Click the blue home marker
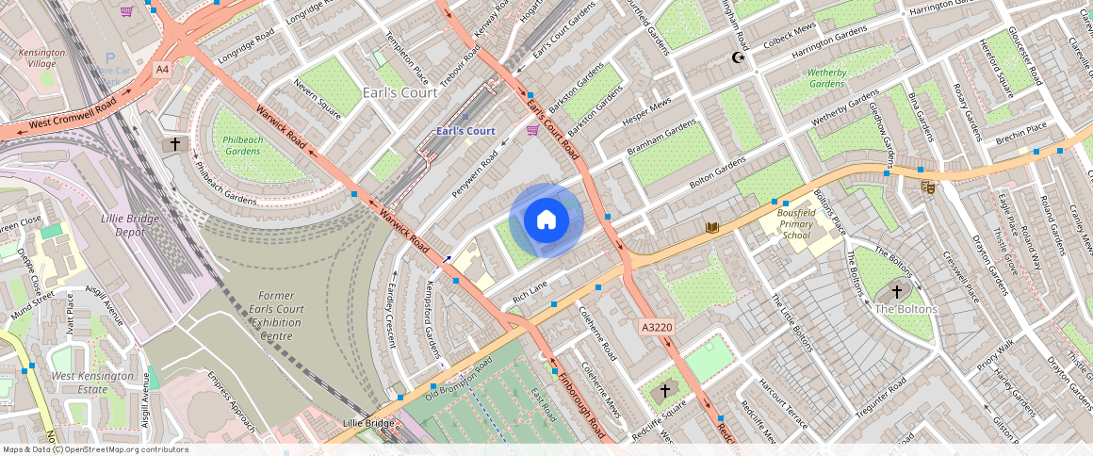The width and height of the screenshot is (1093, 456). pos(546,220)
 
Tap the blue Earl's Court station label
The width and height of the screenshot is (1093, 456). pos(465,131)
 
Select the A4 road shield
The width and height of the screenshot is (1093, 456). pos(163,69)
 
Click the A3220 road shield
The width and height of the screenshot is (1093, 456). pos(656,327)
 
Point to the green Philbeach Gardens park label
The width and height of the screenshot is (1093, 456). pos(242,145)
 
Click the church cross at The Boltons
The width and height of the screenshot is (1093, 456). pos(896,292)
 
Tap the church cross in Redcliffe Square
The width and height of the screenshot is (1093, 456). pos(664,390)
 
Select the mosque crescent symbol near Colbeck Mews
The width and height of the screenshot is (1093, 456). pos(740,58)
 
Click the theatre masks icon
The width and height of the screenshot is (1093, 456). pos(928,187)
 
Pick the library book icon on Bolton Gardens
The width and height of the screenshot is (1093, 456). pos(713,227)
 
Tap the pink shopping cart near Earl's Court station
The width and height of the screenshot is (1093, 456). pos(532,129)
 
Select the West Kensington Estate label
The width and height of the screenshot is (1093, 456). pos(90,382)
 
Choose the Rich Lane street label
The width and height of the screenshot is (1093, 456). pos(530,291)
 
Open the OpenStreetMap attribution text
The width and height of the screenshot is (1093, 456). pos(95,449)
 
